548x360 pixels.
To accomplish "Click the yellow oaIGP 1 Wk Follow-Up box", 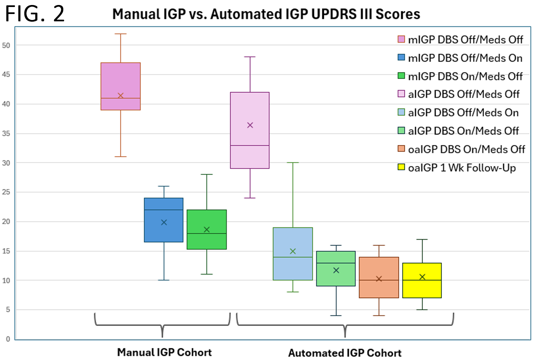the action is point(422,280).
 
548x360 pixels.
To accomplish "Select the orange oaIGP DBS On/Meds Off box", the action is point(379,277).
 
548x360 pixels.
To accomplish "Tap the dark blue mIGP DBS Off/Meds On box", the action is point(164,220).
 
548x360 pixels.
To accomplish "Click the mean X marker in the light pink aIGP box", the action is point(250,125).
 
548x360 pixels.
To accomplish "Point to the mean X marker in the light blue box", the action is point(293,251).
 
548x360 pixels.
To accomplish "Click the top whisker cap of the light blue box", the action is point(293,163).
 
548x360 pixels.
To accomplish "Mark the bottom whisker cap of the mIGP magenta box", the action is point(121,157).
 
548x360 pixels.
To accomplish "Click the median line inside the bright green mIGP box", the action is point(207,234).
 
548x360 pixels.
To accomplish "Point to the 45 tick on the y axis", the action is point(6,74).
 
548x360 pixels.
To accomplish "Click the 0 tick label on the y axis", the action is point(8,339).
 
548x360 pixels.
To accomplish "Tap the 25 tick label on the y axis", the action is point(6,192).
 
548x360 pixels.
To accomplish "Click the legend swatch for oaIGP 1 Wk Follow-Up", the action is point(401,167).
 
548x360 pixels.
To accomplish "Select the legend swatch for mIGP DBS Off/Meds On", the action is point(401,57).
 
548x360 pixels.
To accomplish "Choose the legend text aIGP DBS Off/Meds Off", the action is point(464,94).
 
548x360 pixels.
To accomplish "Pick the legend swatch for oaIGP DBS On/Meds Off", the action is point(401,148).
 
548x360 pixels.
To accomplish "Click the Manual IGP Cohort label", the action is point(164,352).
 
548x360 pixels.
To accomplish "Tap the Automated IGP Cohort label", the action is point(345,353).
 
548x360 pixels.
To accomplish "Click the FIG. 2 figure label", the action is point(35,14).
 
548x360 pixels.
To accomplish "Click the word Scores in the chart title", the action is point(398,14).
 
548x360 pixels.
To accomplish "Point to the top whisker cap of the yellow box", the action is point(422,239).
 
